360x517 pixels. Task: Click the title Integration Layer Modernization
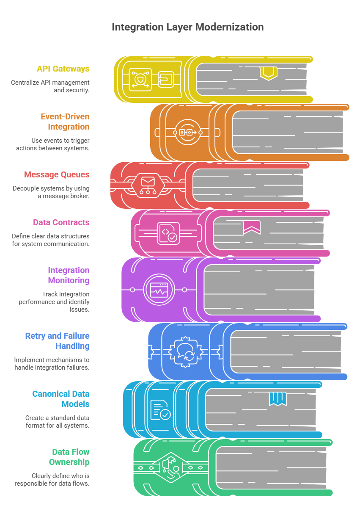coord(187,27)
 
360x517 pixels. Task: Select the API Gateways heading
coord(63,69)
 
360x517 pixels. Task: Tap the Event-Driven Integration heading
coord(65,122)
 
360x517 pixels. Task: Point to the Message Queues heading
coord(57,174)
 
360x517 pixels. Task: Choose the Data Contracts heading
coord(61,222)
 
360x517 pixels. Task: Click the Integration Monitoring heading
coord(69,275)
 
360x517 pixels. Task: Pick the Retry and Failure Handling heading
coord(58,341)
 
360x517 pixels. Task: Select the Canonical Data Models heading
coord(61,399)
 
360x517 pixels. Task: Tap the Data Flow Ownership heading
coord(69,457)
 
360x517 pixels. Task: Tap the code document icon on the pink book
coord(168,233)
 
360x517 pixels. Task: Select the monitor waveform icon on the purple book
coord(159,290)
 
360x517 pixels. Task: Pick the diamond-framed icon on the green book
coord(170,467)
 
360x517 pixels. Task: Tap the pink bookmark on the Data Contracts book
coord(252,227)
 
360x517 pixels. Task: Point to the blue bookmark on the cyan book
coord(278,398)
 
